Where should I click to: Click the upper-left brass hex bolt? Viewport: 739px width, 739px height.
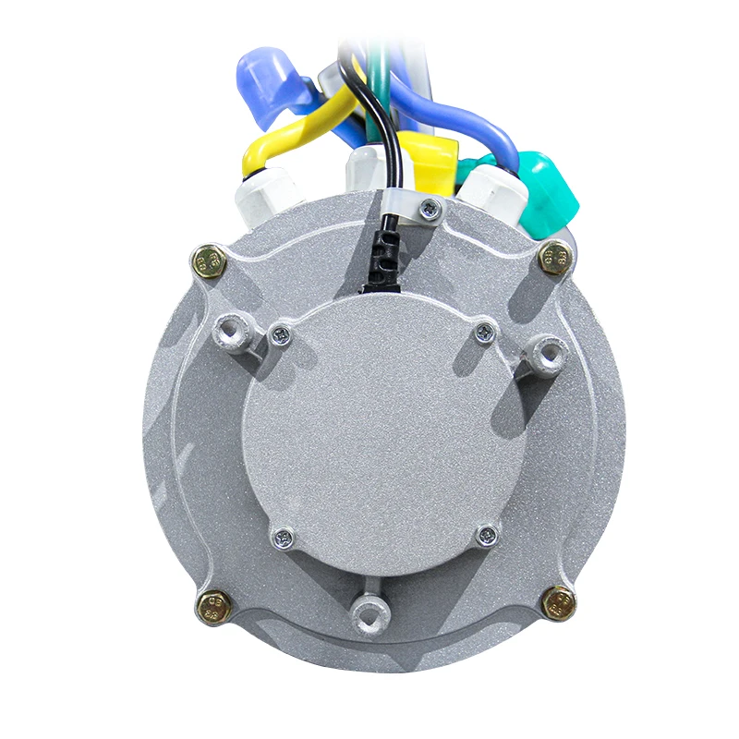(x=210, y=260)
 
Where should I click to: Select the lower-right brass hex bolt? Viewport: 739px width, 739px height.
(x=559, y=604)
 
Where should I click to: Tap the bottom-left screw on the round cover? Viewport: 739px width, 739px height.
(x=285, y=537)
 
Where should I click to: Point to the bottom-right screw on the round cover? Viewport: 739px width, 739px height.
(x=487, y=535)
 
